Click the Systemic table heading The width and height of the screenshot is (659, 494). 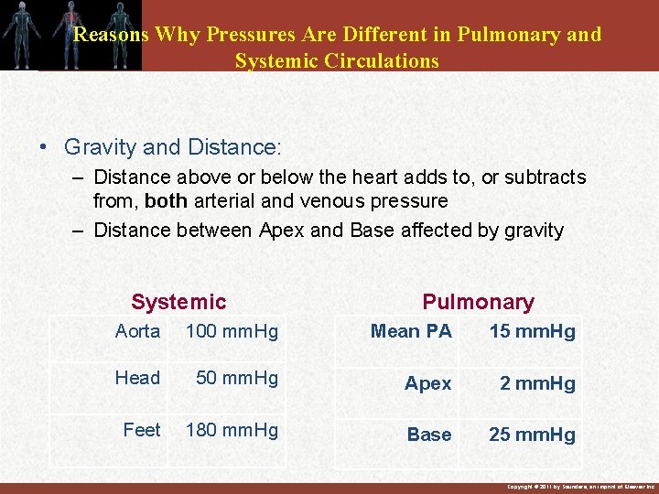click(178, 302)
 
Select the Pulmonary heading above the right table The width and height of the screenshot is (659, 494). click(478, 302)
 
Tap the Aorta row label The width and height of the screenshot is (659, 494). click(137, 331)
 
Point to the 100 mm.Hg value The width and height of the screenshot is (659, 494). click(232, 331)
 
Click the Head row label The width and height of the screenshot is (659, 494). click(137, 378)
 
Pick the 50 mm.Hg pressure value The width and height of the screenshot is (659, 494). click(237, 378)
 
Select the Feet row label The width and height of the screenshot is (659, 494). click(142, 430)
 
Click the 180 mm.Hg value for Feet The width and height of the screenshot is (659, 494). click(232, 430)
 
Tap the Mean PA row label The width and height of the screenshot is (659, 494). click(411, 331)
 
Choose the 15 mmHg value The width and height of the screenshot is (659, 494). click(533, 331)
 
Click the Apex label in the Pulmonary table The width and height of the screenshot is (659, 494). click(428, 383)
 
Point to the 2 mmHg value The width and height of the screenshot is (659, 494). click(537, 383)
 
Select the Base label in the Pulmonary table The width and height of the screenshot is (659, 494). click(429, 435)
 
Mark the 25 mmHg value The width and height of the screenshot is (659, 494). click(533, 435)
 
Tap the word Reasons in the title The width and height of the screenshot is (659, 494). click(111, 35)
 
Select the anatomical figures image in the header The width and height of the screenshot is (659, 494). click(70, 35)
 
